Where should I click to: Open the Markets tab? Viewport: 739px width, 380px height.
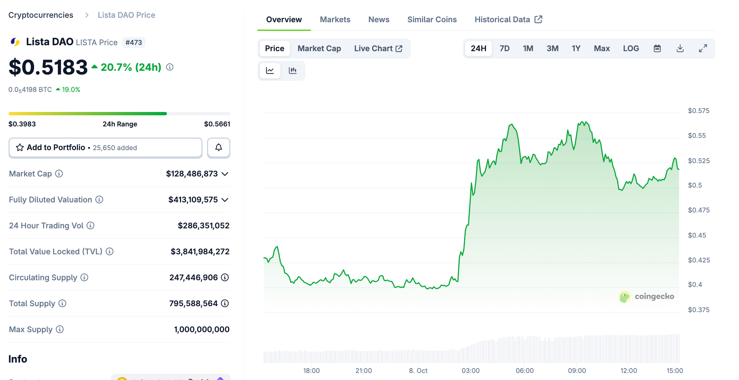click(x=335, y=20)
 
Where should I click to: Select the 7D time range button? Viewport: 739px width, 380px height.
click(x=505, y=49)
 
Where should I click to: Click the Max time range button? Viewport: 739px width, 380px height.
click(x=601, y=49)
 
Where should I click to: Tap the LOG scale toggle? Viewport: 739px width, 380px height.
click(x=631, y=49)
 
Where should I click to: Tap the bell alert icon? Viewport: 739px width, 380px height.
click(x=219, y=148)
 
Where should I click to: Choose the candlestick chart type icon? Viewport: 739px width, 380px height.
click(x=293, y=70)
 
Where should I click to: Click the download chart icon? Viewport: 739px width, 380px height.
click(x=680, y=49)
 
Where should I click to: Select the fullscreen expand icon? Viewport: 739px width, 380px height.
click(x=703, y=49)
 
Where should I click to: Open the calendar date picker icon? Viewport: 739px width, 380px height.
click(x=657, y=49)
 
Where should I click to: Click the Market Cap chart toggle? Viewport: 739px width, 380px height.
click(x=319, y=49)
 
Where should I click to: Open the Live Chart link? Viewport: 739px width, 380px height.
click(x=378, y=49)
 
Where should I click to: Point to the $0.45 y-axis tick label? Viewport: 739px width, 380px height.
click(x=697, y=235)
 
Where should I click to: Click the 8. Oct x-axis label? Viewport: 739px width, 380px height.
click(x=418, y=371)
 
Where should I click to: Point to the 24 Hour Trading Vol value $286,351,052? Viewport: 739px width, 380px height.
click(x=203, y=226)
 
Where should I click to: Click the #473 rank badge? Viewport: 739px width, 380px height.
click(x=134, y=43)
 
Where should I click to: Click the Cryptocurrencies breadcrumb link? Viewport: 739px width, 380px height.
click(x=41, y=15)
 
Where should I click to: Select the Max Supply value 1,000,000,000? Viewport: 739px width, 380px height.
click(x=201, y=330)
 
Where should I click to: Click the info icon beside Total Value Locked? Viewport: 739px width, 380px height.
click(x=109, y=252)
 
